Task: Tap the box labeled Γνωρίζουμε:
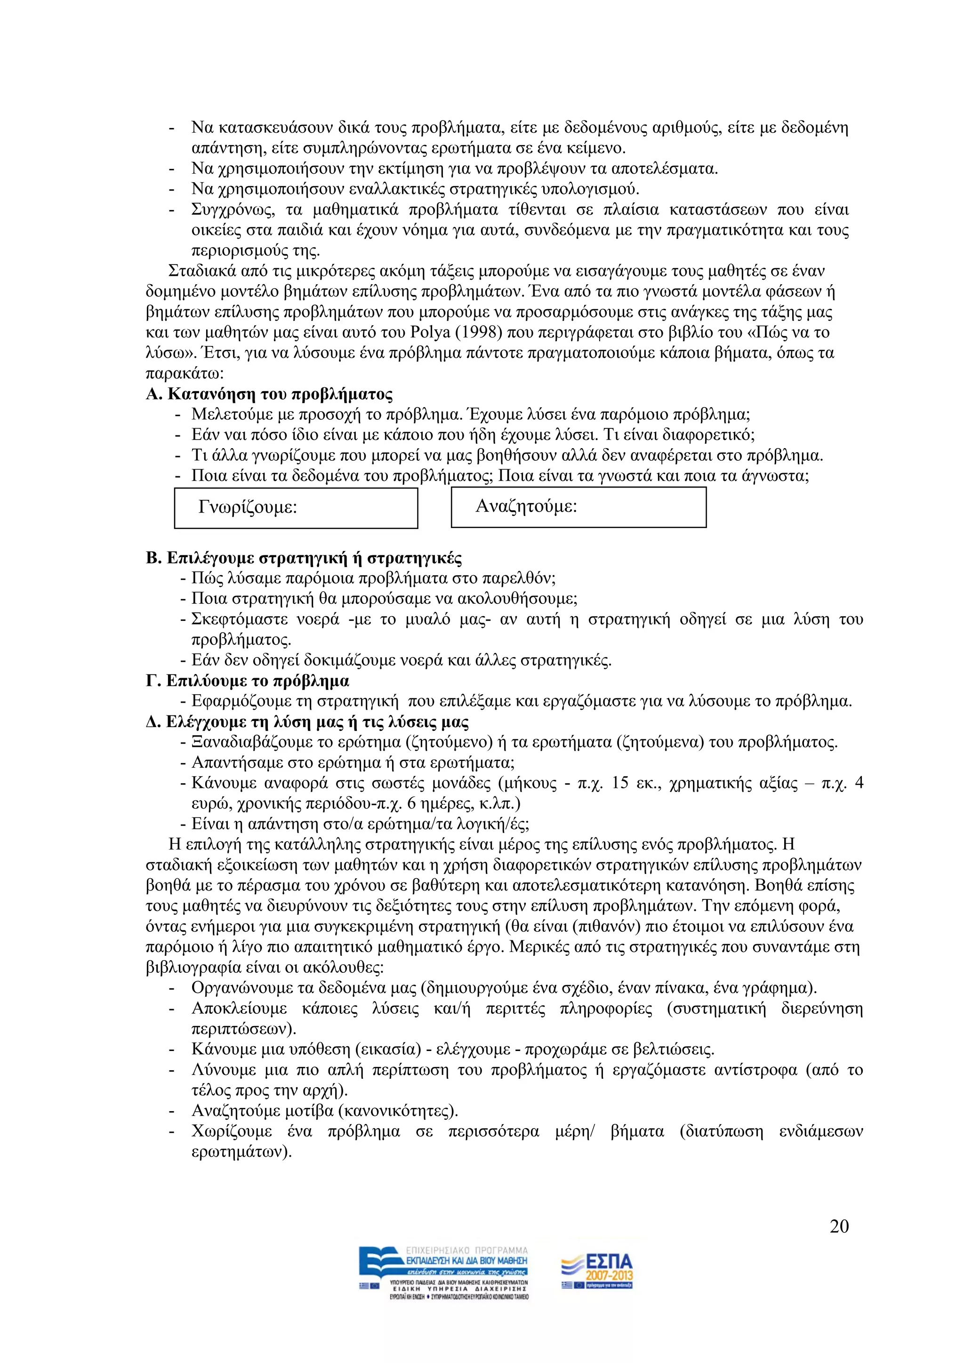pos(296,508)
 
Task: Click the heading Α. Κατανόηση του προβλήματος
pos(269,394)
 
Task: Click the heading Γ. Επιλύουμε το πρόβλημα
pos(247,681)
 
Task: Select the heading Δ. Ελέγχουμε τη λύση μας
pos(307,722)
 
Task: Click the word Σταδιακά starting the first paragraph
pos(202,271)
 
